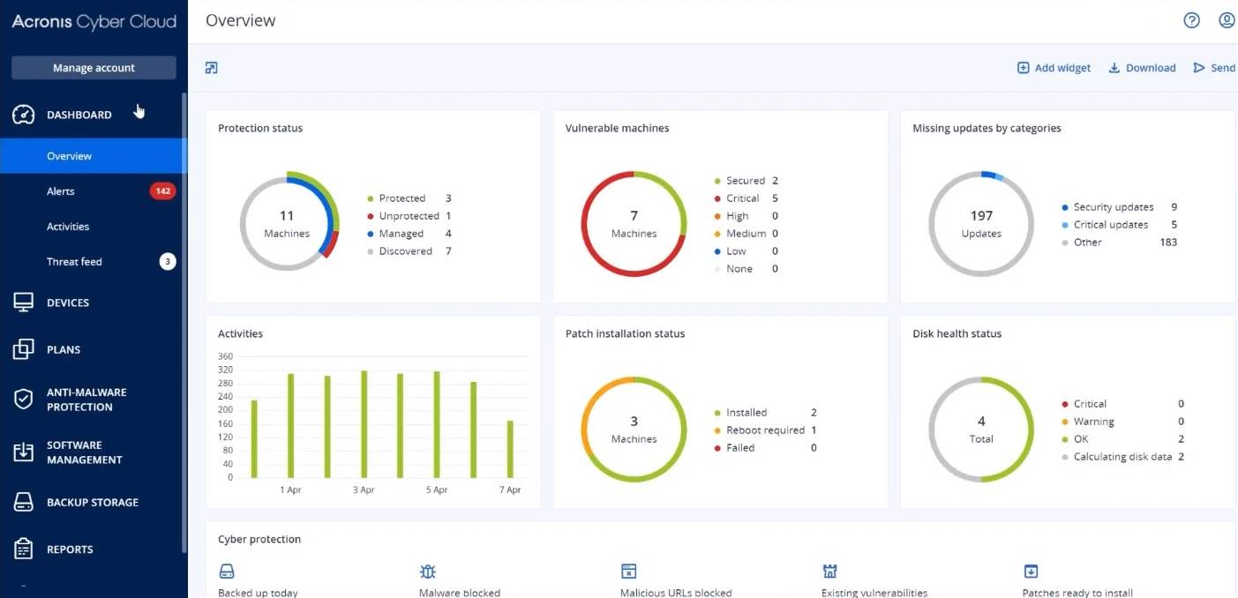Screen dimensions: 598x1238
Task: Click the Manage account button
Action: [94, 68]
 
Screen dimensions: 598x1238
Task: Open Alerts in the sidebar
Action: [61, 191]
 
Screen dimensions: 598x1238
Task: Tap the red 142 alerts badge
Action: [162, 191]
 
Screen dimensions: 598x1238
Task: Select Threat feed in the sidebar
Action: [74, 262]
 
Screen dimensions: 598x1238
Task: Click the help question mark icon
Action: [1191, 20]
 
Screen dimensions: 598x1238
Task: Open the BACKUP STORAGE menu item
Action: [92, 503]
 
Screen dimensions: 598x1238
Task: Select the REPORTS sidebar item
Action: [70, 549]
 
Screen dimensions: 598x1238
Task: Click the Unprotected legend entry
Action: [409, 216]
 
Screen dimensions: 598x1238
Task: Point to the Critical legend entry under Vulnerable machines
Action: [742, 198]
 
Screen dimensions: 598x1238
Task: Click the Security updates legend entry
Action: [1113, 207]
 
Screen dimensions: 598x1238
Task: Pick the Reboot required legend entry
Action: [764, 430]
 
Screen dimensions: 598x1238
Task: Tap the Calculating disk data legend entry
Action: [1122, 457]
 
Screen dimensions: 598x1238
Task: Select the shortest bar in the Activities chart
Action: [510, 449]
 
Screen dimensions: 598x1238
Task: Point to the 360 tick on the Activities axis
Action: [225, 356]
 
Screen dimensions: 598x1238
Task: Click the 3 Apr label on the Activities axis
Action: [364, 490]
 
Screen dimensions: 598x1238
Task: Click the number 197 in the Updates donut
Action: [981, 216]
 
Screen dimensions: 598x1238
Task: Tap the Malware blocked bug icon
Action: [428, 572]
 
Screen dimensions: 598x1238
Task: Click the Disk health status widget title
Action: [957, 334]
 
